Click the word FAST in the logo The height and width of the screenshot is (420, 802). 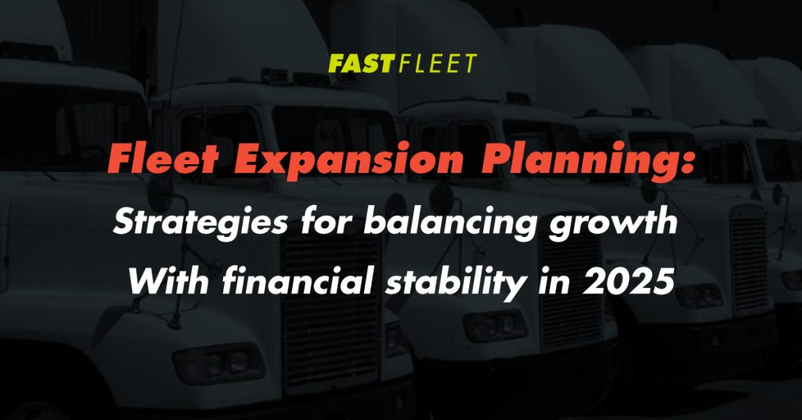pos(362,63)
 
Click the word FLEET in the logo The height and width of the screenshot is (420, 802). pos(438,63)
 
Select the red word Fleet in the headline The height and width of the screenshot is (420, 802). pos(164,160)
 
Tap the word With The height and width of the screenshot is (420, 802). pos(168,280)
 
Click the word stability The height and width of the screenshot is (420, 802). pos(455,282)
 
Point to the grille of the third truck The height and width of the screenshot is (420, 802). pos(750,260)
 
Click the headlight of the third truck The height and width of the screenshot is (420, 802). pos(699,296)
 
